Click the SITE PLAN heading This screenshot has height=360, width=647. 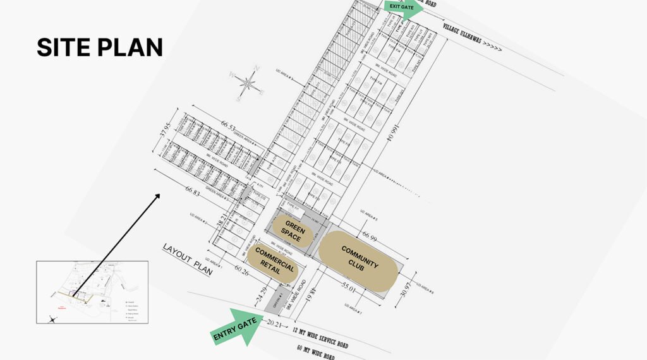(100, 48)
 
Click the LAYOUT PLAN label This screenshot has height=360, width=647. (187, 258)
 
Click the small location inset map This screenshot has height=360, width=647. (92, 292)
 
